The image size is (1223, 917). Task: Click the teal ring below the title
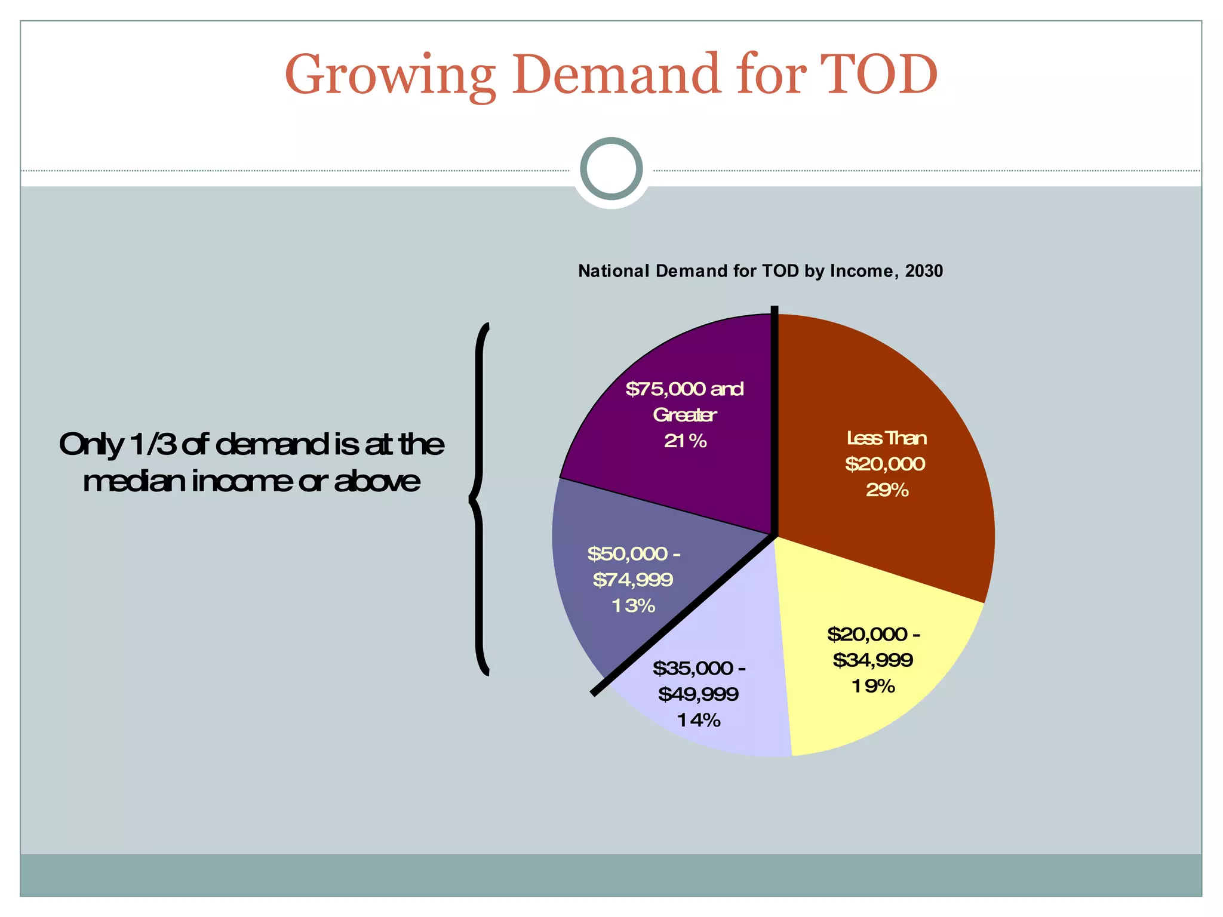point(611,168)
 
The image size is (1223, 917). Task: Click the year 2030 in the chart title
point(924,271)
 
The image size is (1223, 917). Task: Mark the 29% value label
point(887,490)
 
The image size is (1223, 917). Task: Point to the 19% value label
point(873,687)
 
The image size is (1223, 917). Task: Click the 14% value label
point(699,721)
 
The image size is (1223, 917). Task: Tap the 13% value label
point(634,606)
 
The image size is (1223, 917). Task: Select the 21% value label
point(686,441)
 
